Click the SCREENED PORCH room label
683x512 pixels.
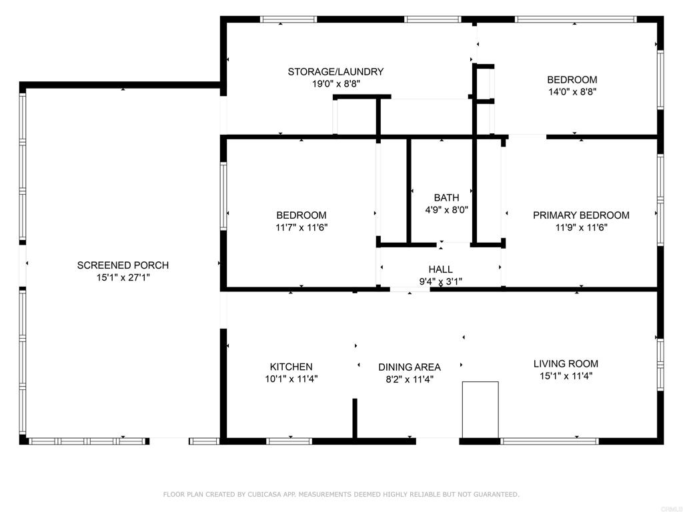[x=123, y=265]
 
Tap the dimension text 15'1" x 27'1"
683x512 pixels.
[x=123, y=277]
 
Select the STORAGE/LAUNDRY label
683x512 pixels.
[x=335, y=72]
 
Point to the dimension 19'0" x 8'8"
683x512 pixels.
[x=335, y=84]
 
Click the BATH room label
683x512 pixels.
[x=446, y=197]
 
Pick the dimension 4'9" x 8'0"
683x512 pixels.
[x=446, y=209]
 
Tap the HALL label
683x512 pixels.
[x=440, y=269]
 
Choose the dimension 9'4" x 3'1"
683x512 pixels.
[x=440, y=281]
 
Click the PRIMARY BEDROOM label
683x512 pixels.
[x=581, y=215]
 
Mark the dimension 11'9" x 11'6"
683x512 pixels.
[x=581, y=227]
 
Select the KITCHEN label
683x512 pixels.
[x=291, y=367]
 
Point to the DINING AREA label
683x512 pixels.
[x=409, y=367]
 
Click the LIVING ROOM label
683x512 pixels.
[x=566, y=364]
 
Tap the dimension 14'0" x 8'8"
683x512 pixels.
[x=572, y=92]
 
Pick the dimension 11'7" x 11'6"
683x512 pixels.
[x=301, y=227]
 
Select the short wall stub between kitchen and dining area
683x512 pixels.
[x=355, y=418]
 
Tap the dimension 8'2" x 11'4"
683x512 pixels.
[x=409, y=379]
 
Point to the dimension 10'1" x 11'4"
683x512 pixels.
[x=291, y=379]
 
